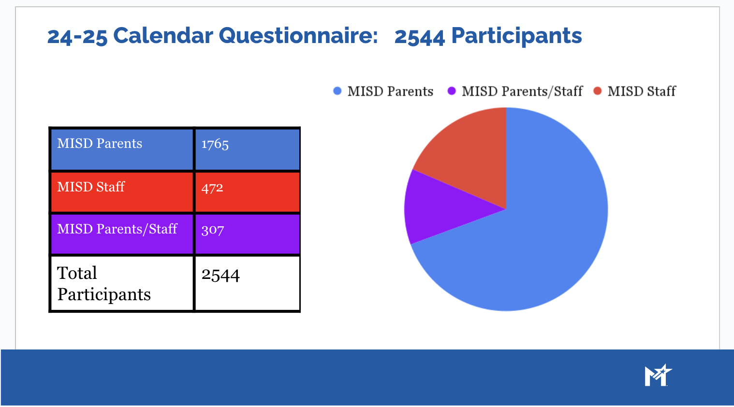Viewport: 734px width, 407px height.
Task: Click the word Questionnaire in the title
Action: [298, 36]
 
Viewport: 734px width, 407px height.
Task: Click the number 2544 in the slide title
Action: [420, 37]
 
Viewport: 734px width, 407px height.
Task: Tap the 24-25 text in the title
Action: [77, 36]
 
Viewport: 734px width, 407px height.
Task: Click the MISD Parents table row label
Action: [100, 144]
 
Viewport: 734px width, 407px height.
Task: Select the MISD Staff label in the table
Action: [91, 187]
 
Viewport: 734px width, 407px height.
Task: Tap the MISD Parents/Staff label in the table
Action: [117, 229]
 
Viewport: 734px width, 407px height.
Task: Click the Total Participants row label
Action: [104, 284]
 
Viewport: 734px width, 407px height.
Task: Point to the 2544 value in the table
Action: [220, 275]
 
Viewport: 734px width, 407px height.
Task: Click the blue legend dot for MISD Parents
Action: [337, 91]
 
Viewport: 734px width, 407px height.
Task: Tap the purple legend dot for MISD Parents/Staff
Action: [452, 91]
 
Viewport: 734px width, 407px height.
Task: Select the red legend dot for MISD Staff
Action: [597, 91]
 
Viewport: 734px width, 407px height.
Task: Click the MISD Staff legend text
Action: [642, 91]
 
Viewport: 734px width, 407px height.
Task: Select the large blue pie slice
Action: [537, 236]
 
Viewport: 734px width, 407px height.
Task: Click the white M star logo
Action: [658, 375]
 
